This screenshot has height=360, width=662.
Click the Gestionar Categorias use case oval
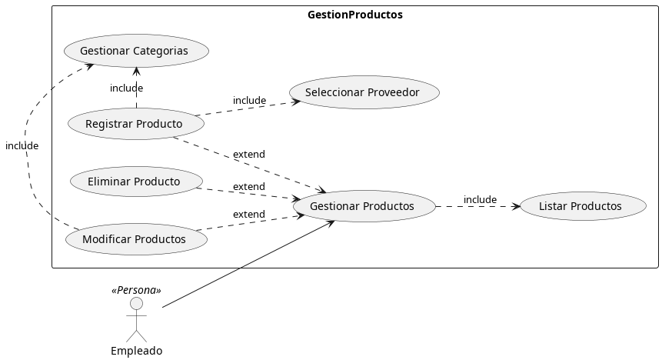[x=136, y=51]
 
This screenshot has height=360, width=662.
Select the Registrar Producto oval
[x=134, y=124]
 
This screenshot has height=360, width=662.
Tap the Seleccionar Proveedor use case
[x=364, y=92]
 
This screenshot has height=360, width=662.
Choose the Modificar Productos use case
[x=136, y=239]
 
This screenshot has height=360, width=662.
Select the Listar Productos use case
[x=580, y=206]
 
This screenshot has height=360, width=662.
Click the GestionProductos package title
[x=354, y=15]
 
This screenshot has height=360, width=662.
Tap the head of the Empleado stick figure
[x=136, y=304]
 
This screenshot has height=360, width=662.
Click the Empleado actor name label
[x=136, y=351]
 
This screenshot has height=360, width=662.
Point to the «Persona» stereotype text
[x=136, y=290]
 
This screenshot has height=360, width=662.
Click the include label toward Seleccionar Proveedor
[x=249, y=101]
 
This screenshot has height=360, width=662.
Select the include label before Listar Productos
[x=480, y=200]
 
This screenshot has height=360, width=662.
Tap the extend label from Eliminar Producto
[x=248, y=187]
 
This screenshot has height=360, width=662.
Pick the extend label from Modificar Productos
[x=248, y=215]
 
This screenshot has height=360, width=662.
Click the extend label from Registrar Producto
[x=248, y=155]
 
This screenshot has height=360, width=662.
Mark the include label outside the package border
[x=22, y=145]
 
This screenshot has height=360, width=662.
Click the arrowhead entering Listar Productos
[x=516, y=206]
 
